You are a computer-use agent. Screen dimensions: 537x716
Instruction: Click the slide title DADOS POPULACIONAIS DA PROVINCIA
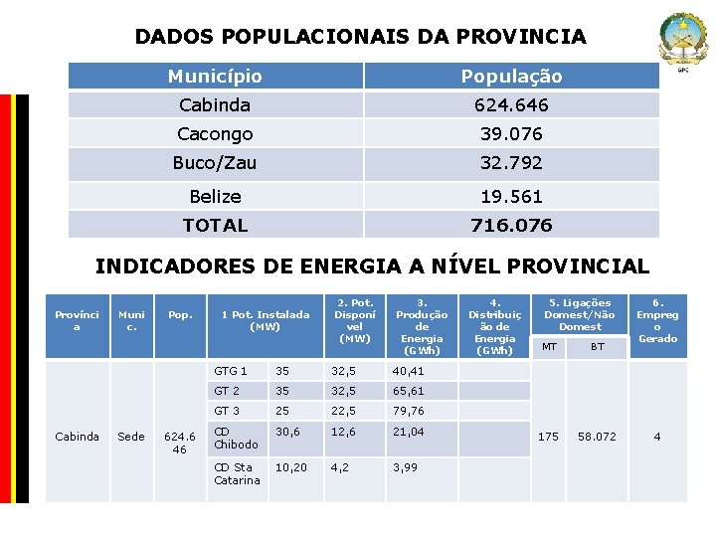coord(360,37)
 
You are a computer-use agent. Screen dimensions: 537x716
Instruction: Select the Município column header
coord(215,76)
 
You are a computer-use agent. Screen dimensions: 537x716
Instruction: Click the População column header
coord(511,76)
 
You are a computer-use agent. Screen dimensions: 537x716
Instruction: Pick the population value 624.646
coord(511,104)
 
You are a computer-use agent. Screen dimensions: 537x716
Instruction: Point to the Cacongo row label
coord(215,133)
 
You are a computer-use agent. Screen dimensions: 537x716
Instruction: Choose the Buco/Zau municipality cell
coord(215,162)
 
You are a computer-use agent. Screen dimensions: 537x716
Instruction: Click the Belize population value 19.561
coord(511,196)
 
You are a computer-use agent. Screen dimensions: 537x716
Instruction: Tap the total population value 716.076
coord(511,225)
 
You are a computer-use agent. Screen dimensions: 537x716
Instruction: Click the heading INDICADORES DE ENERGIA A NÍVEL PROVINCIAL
coord(372,266)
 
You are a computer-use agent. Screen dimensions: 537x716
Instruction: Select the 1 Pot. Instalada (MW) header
coord(265,320)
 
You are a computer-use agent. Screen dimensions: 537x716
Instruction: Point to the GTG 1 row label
coord(231,371)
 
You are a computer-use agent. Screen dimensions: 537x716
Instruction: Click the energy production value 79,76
coord(408,411)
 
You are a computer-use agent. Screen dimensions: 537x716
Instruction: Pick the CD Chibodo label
coord(236,438)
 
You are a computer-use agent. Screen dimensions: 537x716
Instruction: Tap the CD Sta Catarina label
coord(237,473)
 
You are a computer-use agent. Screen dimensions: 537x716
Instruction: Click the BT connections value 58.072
coord(597,436)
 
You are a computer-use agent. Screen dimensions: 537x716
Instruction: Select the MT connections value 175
coord(548,436)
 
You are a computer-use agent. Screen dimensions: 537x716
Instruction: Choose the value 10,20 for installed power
coord(291,466)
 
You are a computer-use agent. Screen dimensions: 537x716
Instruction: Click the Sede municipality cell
coord(130,436)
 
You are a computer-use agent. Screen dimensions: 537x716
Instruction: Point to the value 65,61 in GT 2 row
coord(408,391)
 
